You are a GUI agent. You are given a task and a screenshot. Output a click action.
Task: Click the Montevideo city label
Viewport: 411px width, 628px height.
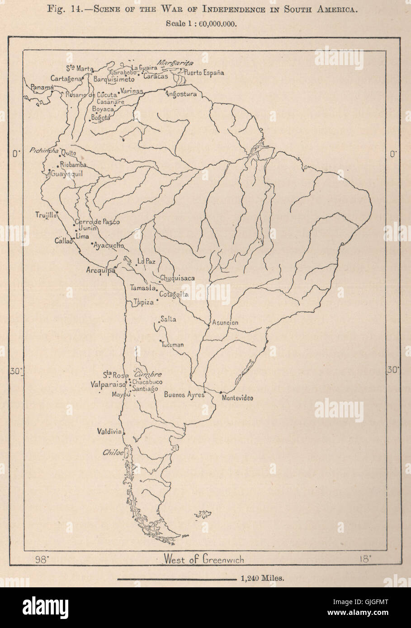(237, 398)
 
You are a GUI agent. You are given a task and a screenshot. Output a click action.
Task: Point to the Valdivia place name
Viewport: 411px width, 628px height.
(109, 431)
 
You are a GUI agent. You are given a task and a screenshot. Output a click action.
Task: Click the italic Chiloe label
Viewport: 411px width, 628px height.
(113, 452)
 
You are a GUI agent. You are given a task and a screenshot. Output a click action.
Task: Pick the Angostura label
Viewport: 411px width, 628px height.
(181, 94)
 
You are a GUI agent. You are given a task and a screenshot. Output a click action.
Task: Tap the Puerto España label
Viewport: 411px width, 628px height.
(204, 73)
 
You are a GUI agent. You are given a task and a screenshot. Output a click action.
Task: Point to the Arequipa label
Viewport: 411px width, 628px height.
(99, 271)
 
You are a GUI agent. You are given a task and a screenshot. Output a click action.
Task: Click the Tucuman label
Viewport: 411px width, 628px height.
(172, 345)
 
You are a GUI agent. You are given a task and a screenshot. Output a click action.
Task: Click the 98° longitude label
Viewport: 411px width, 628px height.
(42, 559)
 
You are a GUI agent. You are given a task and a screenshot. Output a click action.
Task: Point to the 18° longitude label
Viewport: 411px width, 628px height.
(365, 559)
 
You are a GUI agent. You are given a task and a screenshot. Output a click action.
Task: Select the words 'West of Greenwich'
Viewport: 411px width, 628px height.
(203, 559)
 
